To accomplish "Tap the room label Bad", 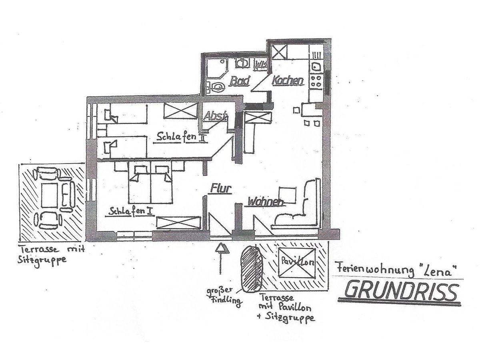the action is click(x=240, y=81).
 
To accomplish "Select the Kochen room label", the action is click(x=288, y=80).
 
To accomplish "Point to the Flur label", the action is click(x=221, y=188).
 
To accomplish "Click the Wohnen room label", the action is click(x=266, y=202).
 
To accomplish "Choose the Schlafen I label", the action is click(x=130, y=211).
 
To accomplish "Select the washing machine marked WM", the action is click(x=261, y=65).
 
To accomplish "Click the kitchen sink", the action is click(x=316, y=66).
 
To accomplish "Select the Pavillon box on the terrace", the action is click(x=297, y=263).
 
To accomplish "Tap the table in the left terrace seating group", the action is click(x=50, y=195).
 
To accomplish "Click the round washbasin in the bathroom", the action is click(x=242, y=63).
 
